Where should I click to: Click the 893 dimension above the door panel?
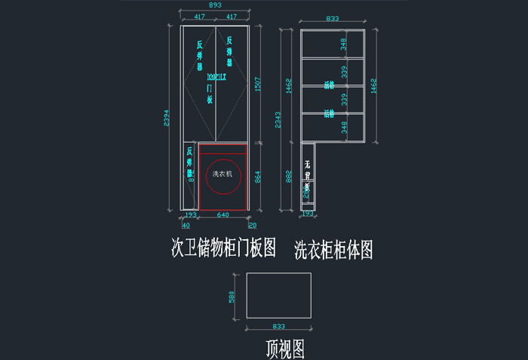pos(214,5)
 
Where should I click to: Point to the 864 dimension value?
pos(257,177)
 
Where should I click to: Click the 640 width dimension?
pos(223,215)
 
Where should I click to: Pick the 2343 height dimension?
pos(278,121)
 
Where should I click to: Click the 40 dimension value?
pos(186,224)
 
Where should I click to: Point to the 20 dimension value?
pos(252,224)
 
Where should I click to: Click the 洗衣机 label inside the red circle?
pos(224,174)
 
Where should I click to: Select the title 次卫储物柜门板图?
pos(223,248)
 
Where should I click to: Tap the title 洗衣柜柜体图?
pos(333,249)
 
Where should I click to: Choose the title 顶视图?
pos(284,348)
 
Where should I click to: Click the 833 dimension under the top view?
pos(279,328)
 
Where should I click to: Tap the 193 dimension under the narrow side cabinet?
pos(308,214)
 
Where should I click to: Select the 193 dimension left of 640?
pos(190,215)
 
